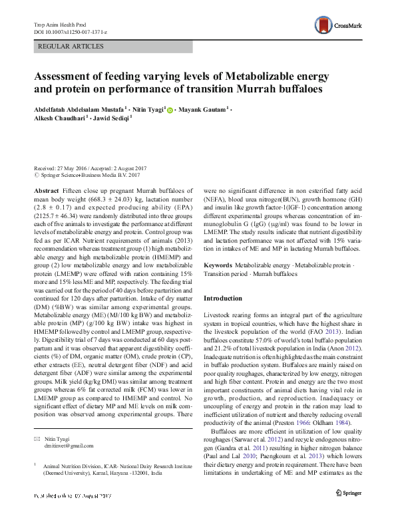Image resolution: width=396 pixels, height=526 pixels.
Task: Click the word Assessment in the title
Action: pos(72,75)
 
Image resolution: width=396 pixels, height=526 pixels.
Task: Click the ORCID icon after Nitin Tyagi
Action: pos(170,109)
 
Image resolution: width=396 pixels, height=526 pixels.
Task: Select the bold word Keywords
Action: pos(218,265)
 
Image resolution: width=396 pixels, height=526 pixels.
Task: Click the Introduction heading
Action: pos(222,299)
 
